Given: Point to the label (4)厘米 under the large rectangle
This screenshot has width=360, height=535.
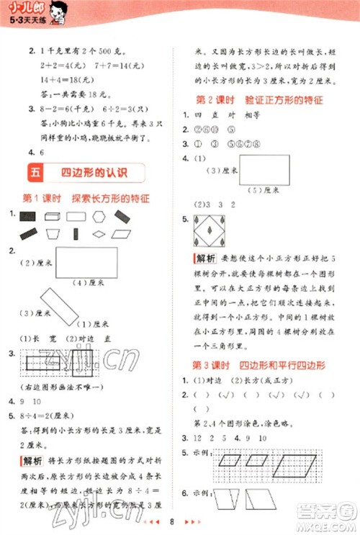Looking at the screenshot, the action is coord(84,283).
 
